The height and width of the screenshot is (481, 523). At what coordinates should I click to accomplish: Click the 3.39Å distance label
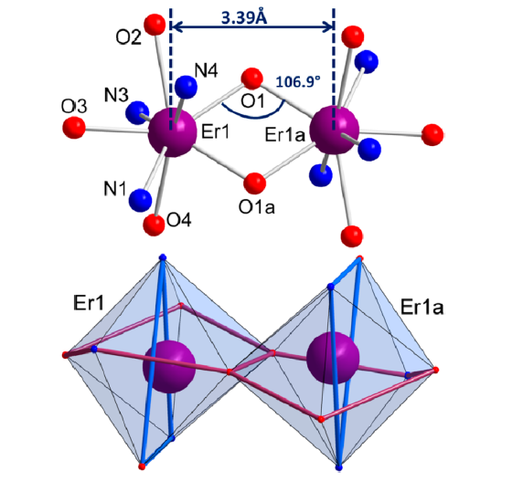(244, 17)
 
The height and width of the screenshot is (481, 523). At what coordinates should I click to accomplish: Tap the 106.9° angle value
(298, 81)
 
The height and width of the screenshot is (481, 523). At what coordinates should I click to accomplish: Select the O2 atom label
(128, 37)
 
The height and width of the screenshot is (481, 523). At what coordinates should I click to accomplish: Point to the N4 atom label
(207, 70)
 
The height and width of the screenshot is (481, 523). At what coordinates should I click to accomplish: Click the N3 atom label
(116, 95)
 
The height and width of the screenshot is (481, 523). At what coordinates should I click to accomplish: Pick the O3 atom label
(74, 107)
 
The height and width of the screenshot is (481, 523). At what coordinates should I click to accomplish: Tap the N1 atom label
(115, 189)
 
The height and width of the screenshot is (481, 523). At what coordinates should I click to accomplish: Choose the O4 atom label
(179, 220)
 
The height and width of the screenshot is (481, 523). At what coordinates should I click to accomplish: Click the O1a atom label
(257, 207)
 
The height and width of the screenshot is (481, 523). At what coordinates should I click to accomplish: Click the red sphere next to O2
(155, 25)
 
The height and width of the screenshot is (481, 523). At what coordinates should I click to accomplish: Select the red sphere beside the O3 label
(74, 128)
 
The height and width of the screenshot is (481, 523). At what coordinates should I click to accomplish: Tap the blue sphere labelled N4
(187, 87)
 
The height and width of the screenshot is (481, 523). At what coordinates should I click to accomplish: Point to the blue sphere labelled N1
(140, 200)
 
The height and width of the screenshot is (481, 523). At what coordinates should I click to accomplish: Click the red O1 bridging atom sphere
(251, 78)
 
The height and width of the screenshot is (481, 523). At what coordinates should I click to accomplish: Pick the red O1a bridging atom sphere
(255, 183)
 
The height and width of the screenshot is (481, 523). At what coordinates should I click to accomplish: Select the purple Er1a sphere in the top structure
(335, 130)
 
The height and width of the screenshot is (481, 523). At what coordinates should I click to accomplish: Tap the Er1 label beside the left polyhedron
(89, 303)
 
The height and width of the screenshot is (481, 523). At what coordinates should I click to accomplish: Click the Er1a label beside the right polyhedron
(422, 308)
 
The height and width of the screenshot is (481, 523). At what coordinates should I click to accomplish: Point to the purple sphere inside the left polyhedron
(169, 367)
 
